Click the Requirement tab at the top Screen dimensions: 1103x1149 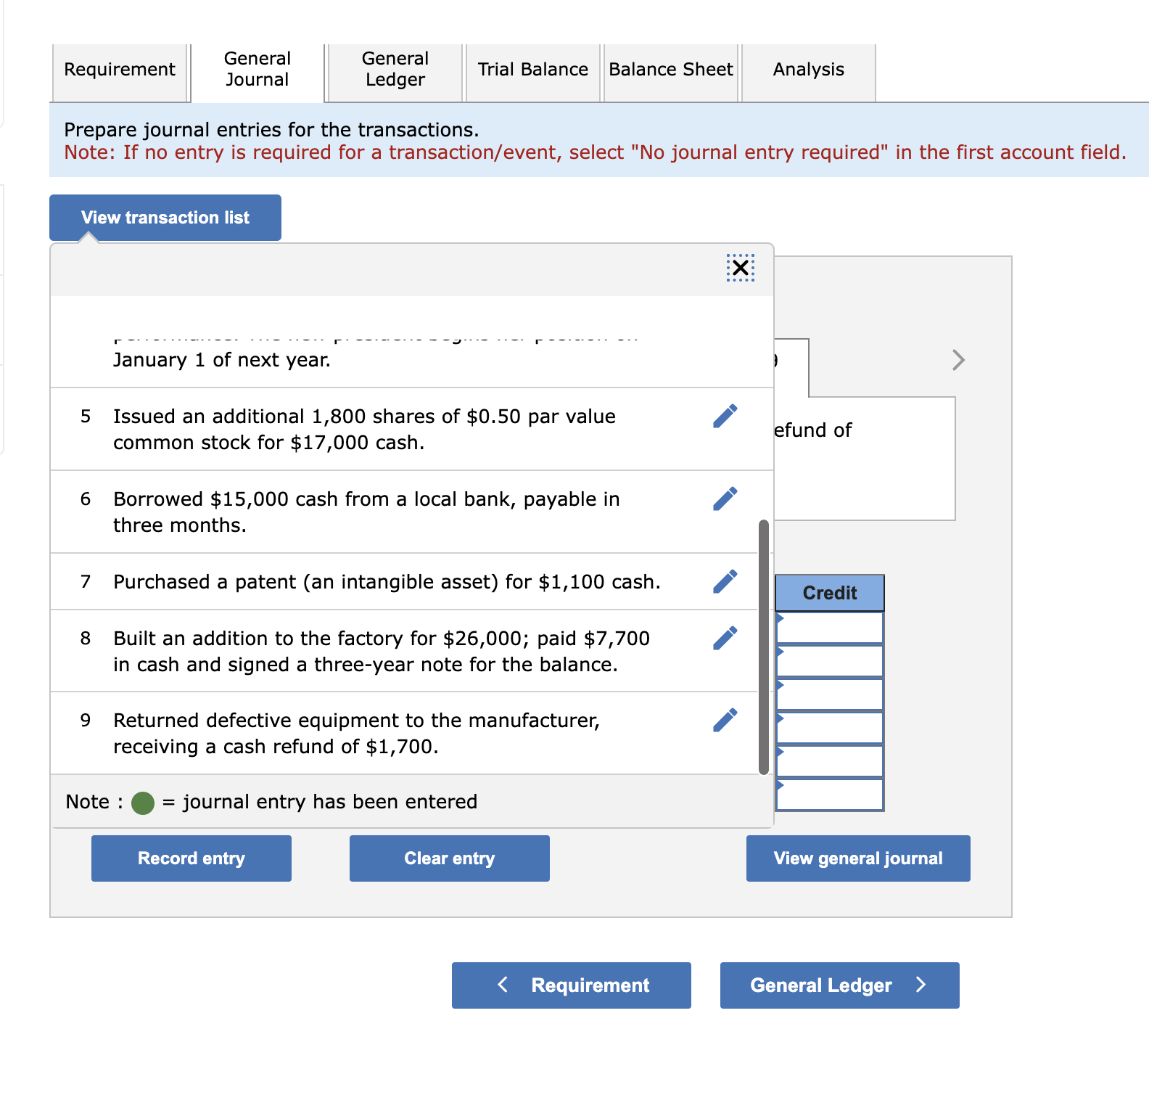(120, 70)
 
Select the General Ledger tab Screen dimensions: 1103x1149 (395, 70)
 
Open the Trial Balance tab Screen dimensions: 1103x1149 (532, 70)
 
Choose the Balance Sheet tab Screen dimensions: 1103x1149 (671, 70)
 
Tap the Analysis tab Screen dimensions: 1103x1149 (808, 70)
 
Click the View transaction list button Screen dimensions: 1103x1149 (165, 218)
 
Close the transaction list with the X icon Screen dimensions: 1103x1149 (740, 268)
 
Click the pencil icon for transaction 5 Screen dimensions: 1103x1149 (725, 417)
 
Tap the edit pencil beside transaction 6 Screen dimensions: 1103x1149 (725, 499)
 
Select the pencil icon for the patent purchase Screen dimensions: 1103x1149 (725, 582)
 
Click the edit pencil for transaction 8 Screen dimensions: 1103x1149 (725, 639)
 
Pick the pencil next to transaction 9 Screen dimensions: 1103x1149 (725, 721)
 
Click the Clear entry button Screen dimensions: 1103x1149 (449, 858)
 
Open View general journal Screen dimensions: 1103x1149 (858, 858)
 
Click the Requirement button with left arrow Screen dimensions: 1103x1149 (571, 985)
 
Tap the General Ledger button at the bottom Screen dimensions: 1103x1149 (839, 985)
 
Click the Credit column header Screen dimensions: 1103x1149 (830, 593)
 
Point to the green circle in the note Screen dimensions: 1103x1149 (143, 803)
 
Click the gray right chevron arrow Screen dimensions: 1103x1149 (958, 360)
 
